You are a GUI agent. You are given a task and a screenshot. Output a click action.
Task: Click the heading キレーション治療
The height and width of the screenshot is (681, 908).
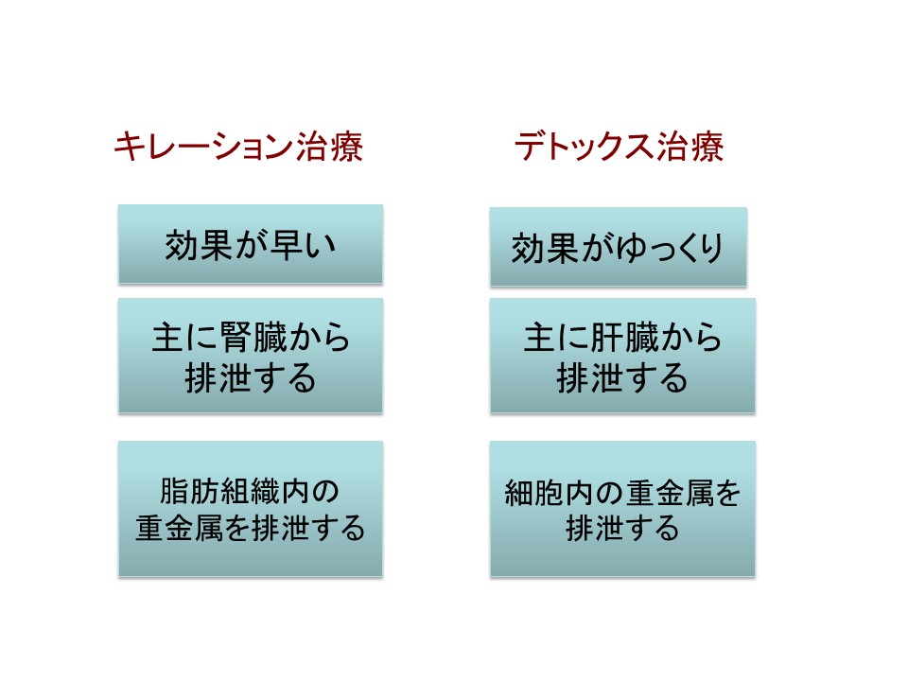[x=238, y=146]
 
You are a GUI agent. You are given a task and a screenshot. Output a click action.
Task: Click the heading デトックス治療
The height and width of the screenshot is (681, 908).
[x=619, y=146]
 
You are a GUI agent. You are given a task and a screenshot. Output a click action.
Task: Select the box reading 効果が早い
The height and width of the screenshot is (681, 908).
[x=250, y=244]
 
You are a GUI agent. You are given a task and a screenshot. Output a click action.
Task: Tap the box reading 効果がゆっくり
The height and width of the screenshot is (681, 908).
[x=619, y=247]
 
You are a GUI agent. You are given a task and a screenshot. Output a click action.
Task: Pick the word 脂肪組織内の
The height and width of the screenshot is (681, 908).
[x=250, y=491]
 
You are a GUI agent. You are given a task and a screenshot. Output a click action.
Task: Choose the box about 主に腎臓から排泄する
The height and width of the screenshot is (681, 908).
[x=250, y=356]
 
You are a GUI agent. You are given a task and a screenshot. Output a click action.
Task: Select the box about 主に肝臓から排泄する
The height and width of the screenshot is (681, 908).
[x=622, y=356]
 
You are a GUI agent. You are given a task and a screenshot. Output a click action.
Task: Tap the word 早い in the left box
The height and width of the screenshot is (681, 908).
[x=304, y=244]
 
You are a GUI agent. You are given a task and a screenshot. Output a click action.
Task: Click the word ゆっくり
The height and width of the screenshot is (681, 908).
[x=669, y=249]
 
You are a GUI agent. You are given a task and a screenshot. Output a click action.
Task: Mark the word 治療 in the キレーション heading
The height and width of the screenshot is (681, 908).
[x=329, y=146]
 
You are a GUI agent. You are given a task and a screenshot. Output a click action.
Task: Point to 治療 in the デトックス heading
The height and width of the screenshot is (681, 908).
[x=690, y=146]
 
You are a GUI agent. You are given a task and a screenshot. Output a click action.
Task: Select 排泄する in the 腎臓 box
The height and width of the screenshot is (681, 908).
[x=250, y=378]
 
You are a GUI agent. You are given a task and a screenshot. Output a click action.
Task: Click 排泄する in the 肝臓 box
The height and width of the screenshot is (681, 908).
[x=622, y=378]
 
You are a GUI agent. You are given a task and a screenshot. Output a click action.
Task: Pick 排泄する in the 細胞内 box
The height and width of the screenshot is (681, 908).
[x=622, y=528]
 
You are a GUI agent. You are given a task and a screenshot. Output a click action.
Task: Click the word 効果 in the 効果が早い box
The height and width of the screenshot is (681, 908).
[x=198, y=244]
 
